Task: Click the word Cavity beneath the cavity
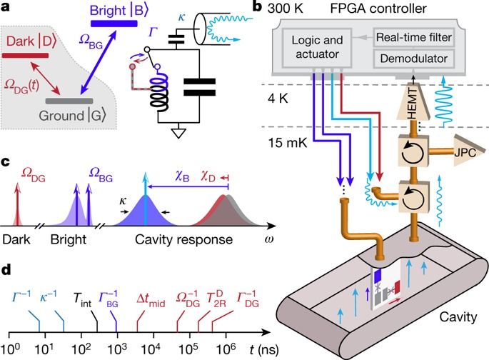pos(448,314)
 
